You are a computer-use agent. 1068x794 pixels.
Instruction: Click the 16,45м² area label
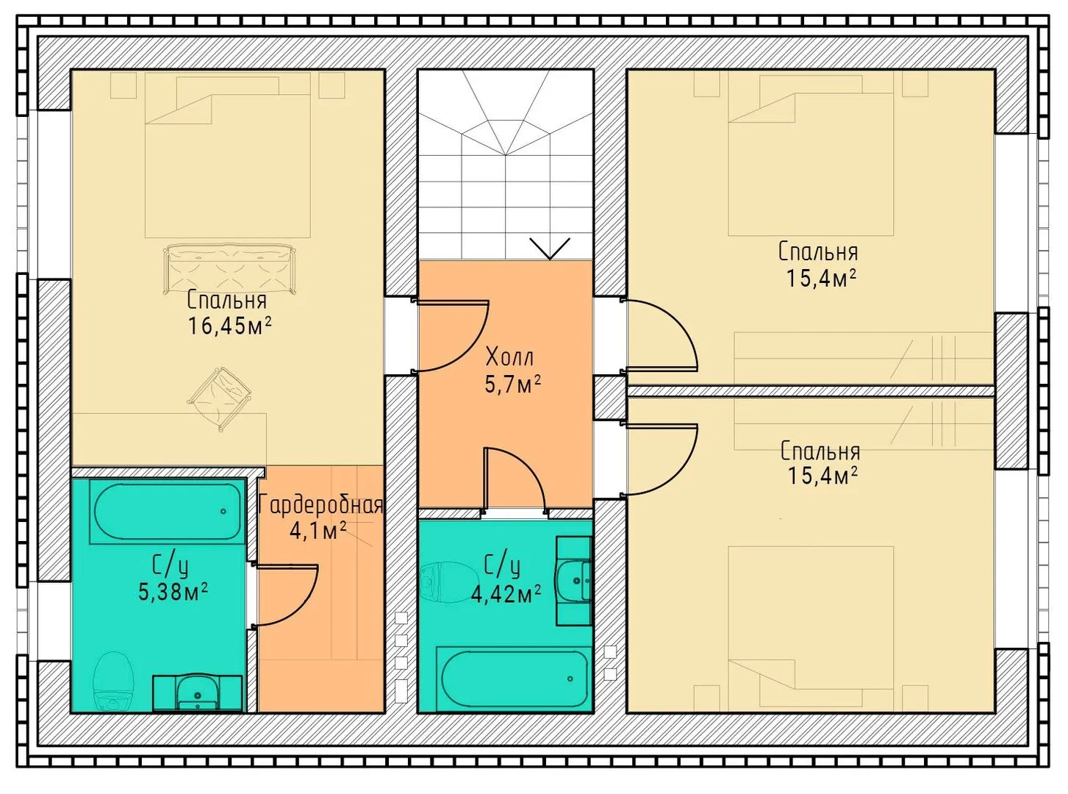tap(229, 326)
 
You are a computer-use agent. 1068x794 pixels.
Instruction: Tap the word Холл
tap(510, 358)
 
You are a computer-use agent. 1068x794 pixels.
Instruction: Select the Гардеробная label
tap(320, 505)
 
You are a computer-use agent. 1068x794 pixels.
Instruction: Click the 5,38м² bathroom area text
tap(173, 592)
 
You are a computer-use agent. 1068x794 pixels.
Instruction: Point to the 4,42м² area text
tap(506, 595)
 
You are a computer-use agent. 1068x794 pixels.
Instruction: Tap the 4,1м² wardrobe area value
tap(318, 531)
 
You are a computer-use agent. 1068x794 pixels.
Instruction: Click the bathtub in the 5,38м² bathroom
tap(168, 511)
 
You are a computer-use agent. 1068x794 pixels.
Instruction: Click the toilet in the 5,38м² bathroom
tap(112, 680)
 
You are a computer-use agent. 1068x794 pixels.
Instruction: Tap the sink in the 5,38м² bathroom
tap(198, 693)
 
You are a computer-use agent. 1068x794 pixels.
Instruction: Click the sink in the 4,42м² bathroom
tap(574, 581)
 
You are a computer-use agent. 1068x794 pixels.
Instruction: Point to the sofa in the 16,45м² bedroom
tap(230, 268)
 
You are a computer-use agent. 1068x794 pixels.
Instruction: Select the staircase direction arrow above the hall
tap(550, 248)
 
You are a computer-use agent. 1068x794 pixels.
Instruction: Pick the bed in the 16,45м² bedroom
tap(227, 156)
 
